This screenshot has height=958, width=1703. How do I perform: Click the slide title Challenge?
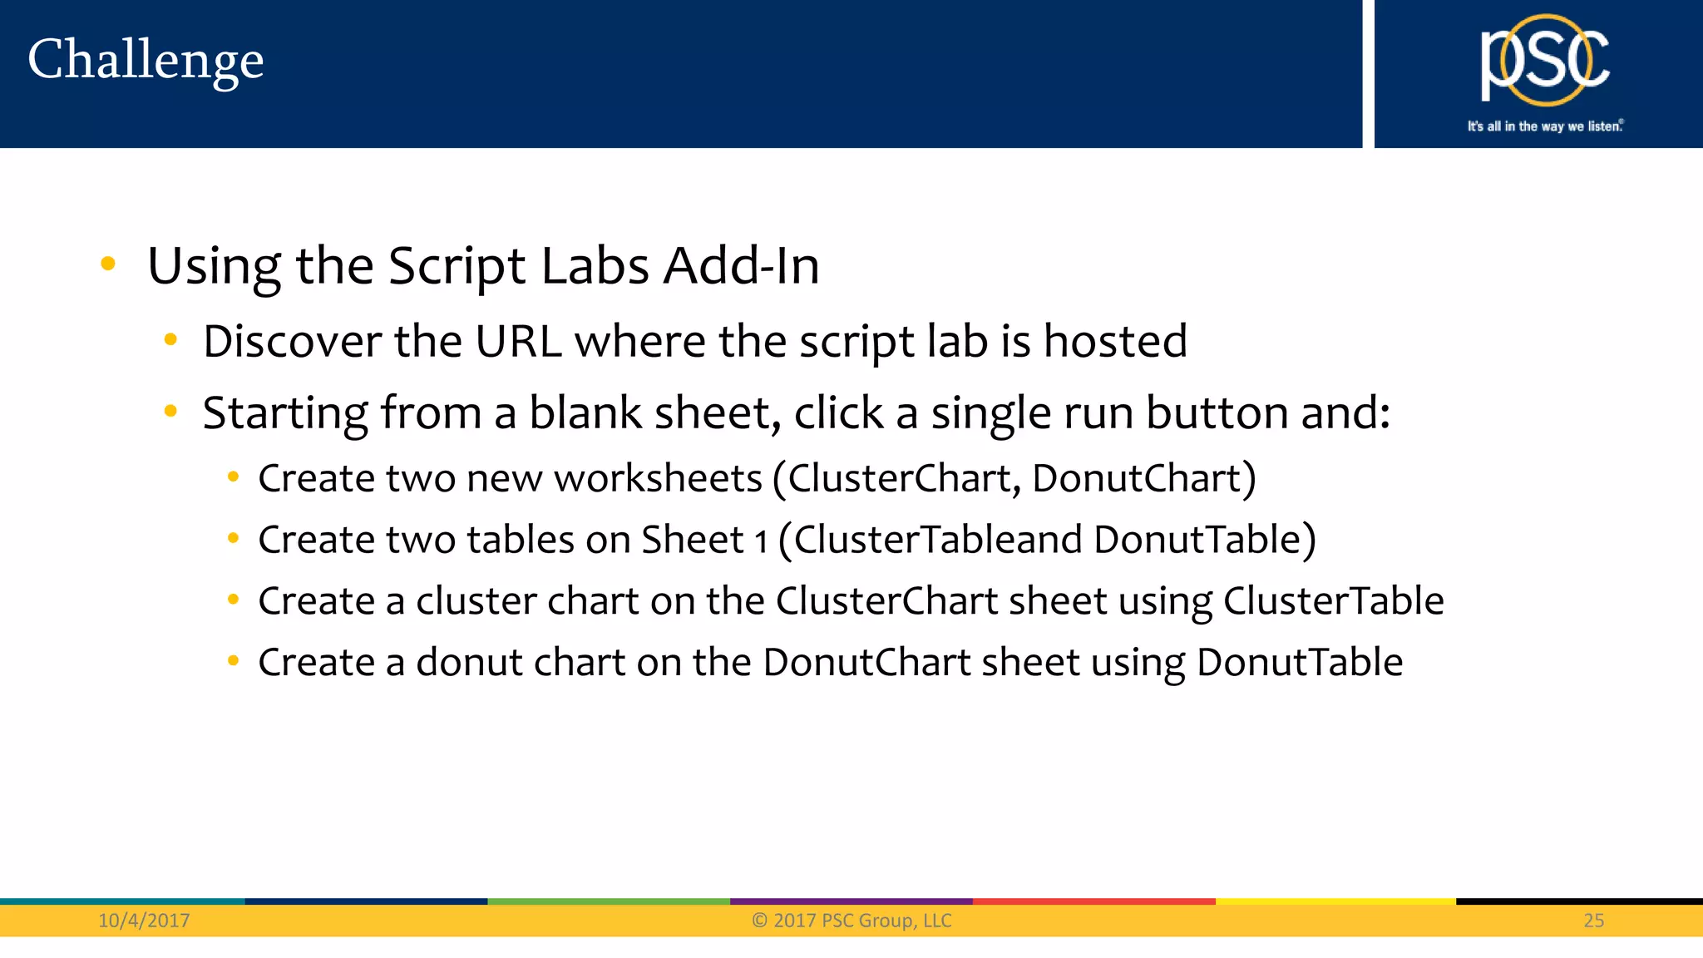click(x=146, y=61)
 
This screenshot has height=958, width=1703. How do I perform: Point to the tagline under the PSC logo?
click(x=1544, y=126)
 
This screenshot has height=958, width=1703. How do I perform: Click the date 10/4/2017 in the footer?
click(x=144, y=921)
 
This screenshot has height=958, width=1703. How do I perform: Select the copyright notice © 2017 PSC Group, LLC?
click(x=851, y=921)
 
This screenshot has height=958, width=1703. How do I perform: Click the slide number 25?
click(x=1593, y=921)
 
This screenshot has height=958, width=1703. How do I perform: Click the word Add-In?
click(x=741, y=266)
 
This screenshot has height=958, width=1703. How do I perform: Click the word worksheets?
click(x=658, y=478)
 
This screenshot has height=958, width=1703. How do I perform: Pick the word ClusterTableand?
click(x=938, y=540)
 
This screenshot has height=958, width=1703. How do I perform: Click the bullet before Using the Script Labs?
click(x=107, y=264)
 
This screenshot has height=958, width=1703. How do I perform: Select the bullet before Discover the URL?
click(x=170, y=339)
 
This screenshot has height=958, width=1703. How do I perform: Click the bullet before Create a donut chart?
click(x=233, y=661)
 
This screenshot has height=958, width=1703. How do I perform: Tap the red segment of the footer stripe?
click(x=1093, y=901)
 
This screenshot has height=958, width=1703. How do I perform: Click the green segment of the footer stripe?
click(x=608, y=901)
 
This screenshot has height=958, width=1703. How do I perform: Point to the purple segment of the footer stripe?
click(x=851, y=901)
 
